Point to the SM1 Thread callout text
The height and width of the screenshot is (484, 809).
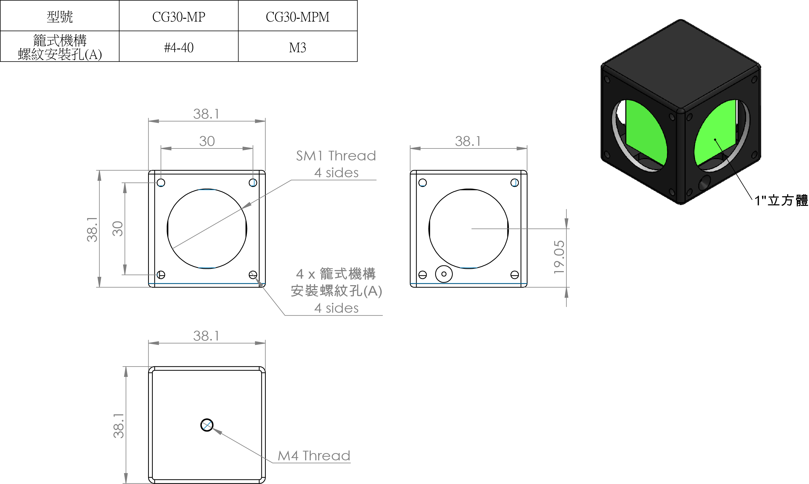[x=336, y=156]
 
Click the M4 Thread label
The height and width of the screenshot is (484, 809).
[x=314, y=456]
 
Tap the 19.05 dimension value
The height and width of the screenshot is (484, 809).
[x=559, y=257]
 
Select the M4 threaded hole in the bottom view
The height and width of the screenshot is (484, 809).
[x=207, y=425]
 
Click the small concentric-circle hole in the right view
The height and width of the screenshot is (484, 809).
[x=444, y=274]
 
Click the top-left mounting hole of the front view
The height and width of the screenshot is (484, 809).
[x=161, y=182]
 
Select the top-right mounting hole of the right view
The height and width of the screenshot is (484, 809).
[x=515, y=182]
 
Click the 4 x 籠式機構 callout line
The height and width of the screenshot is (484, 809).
[x=336, y=274]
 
